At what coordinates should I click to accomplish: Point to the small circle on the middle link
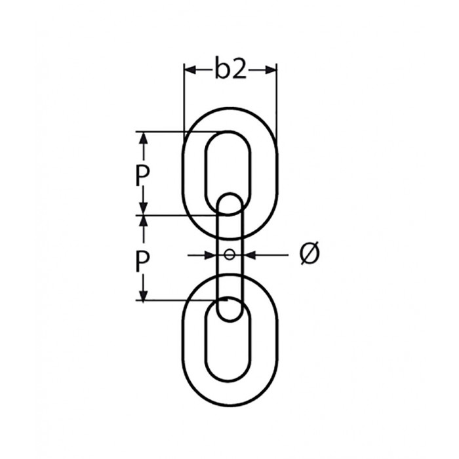coord(229,254)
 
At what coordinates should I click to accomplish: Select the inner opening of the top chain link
coord(228,164)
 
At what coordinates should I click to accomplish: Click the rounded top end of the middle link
coord(229,201)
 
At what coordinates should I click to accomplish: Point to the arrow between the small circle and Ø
coord(252,254)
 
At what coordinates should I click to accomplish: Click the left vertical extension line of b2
coord(184,98)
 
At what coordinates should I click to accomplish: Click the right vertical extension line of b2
coord(276,98)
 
